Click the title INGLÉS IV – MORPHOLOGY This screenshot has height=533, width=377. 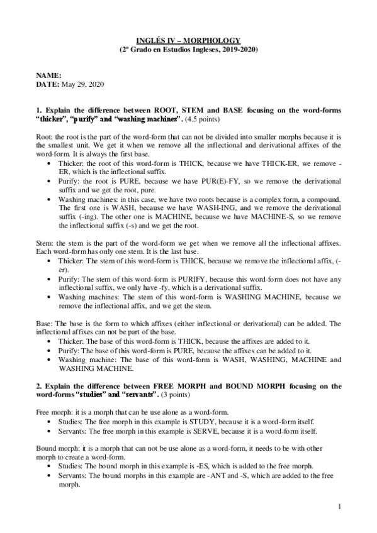tap(188, 40)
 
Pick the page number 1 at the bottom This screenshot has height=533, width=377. tap(339, 506)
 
